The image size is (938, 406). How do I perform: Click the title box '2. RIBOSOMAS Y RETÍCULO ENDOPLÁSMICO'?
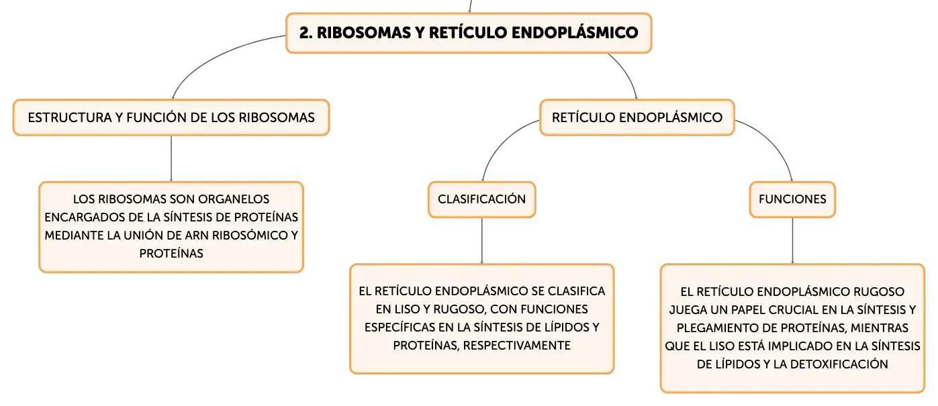tap(469, 33)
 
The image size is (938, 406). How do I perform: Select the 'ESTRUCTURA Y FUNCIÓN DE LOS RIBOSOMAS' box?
tap(171, 117)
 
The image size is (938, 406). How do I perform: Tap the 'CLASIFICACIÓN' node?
tap(481, 199)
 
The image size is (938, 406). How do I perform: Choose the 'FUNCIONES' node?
tap(792, 199)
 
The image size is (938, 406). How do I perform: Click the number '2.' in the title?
tap(306, 33)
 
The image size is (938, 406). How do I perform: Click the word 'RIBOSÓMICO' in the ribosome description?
tap(248, 236)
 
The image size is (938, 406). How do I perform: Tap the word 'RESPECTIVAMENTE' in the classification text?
tap(517, 346)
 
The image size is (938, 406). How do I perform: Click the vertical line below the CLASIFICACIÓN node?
tap(481, 241)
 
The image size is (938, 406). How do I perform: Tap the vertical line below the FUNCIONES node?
tap(792, 241)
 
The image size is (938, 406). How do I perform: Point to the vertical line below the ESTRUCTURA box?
tap(171, 158)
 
